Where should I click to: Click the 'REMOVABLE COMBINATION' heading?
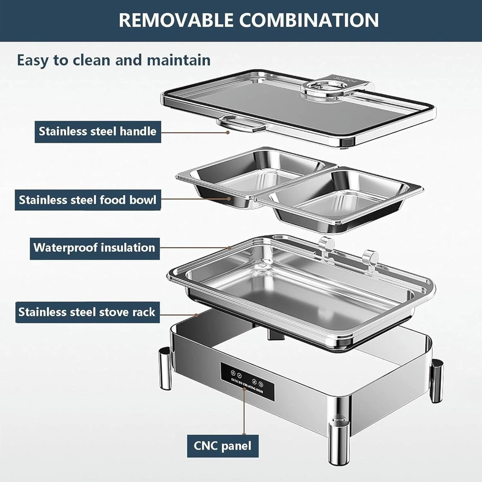point(249,20)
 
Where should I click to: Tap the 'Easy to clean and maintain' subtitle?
point(114,60)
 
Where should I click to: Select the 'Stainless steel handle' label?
point(98,132)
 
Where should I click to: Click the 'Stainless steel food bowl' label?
point(88,200)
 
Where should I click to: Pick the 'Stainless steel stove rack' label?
point(87,312)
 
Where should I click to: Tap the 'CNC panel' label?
point(223,446)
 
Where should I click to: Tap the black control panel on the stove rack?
point(247,381)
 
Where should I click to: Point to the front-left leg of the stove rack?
point(165,369)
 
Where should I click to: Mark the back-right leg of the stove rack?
point(437,381)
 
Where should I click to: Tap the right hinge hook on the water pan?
point(370,259)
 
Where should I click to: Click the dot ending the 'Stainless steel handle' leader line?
point(228,132)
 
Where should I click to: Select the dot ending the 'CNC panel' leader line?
point(245,389)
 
